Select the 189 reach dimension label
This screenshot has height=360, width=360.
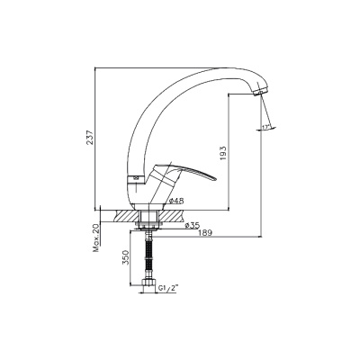(x=205, y=233)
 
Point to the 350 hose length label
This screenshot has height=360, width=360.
(x=126, y=257)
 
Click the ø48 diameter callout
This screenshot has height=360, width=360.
(x=176, y=202)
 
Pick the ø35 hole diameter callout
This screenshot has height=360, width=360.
(x=193, y=226)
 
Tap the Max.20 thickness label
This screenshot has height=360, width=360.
(x=96, y=238)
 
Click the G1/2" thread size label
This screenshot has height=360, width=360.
(x=168, y=288)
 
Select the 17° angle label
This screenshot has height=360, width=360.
(x=265, y=127)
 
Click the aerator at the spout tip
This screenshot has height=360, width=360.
(x=260, y=91)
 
